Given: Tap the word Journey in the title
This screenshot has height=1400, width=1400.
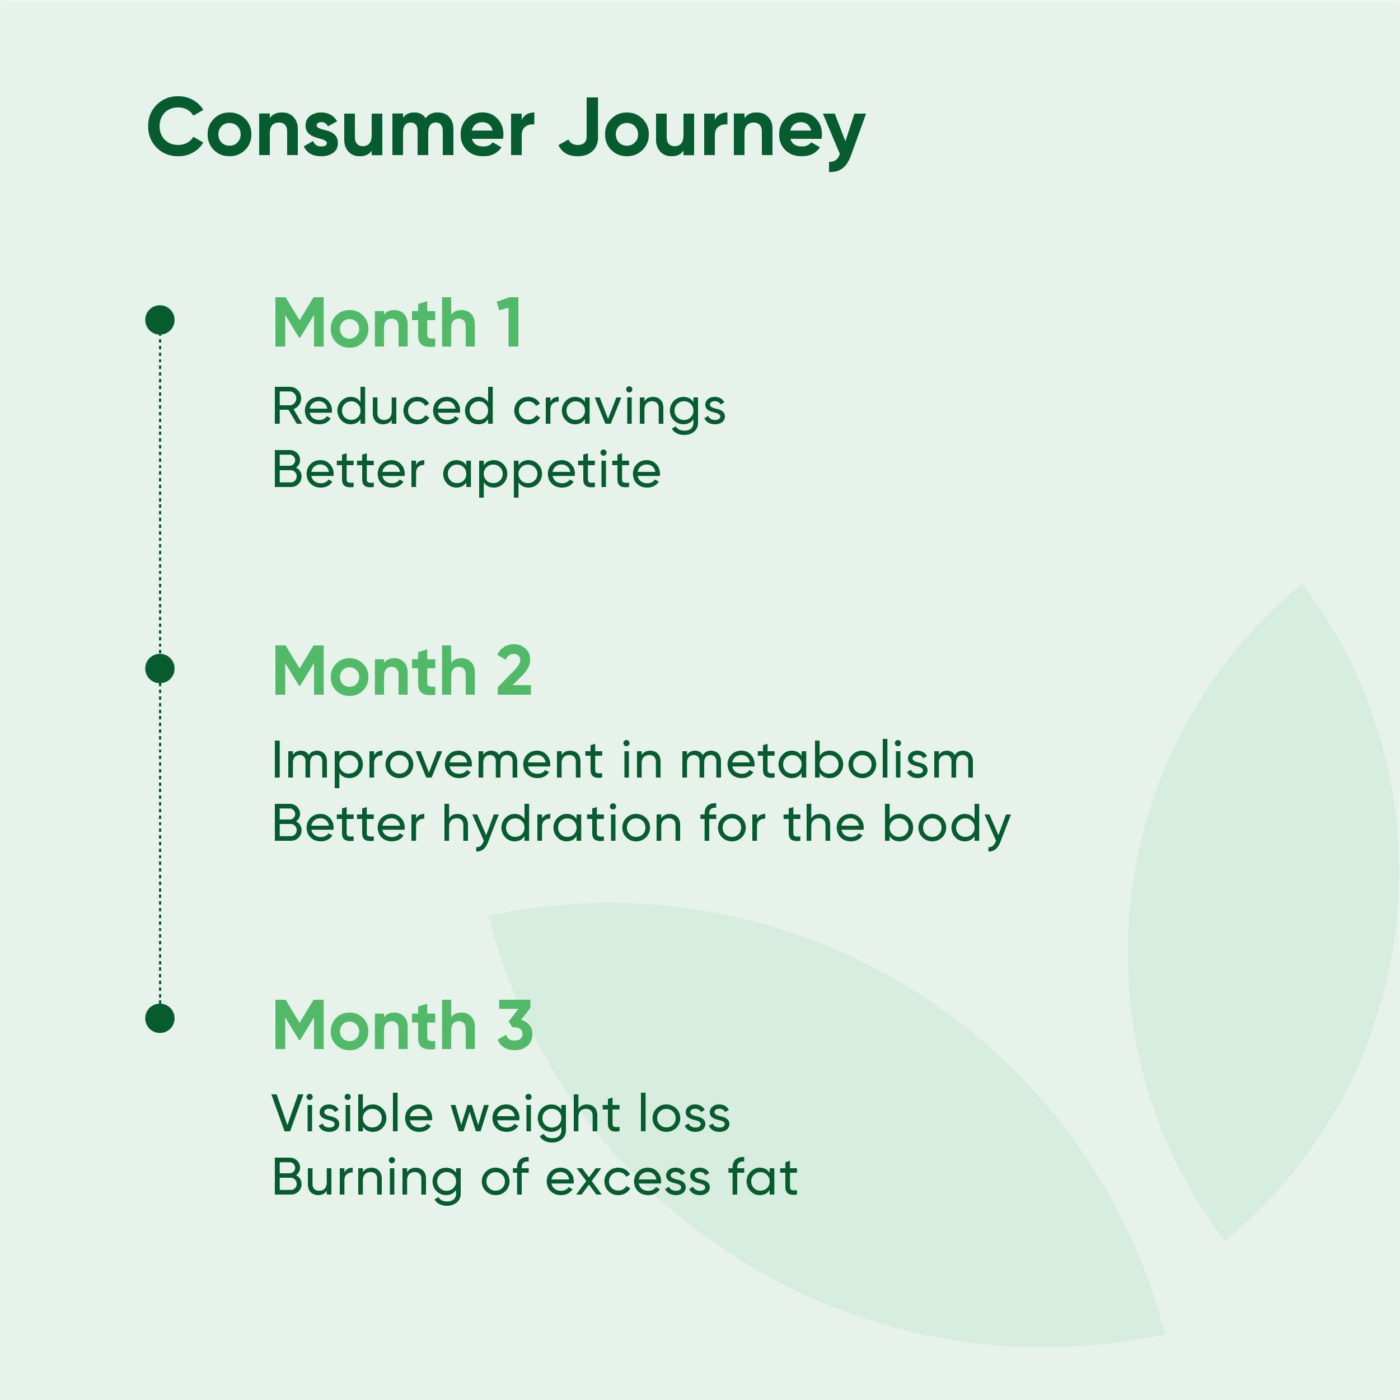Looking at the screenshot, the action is click(713, 134).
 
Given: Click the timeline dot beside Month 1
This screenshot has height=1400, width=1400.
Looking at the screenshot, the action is click(160, 320).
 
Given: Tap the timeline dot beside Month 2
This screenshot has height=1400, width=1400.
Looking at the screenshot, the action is click(160, 668).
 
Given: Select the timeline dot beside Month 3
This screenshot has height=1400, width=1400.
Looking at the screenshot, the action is click(160, 1018).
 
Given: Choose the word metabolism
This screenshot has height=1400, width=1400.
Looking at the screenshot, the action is click(827, 761).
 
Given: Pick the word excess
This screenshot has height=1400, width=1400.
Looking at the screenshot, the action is click(628, 1181).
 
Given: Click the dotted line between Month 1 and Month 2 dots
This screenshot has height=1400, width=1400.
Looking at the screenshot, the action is click(160, 494).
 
